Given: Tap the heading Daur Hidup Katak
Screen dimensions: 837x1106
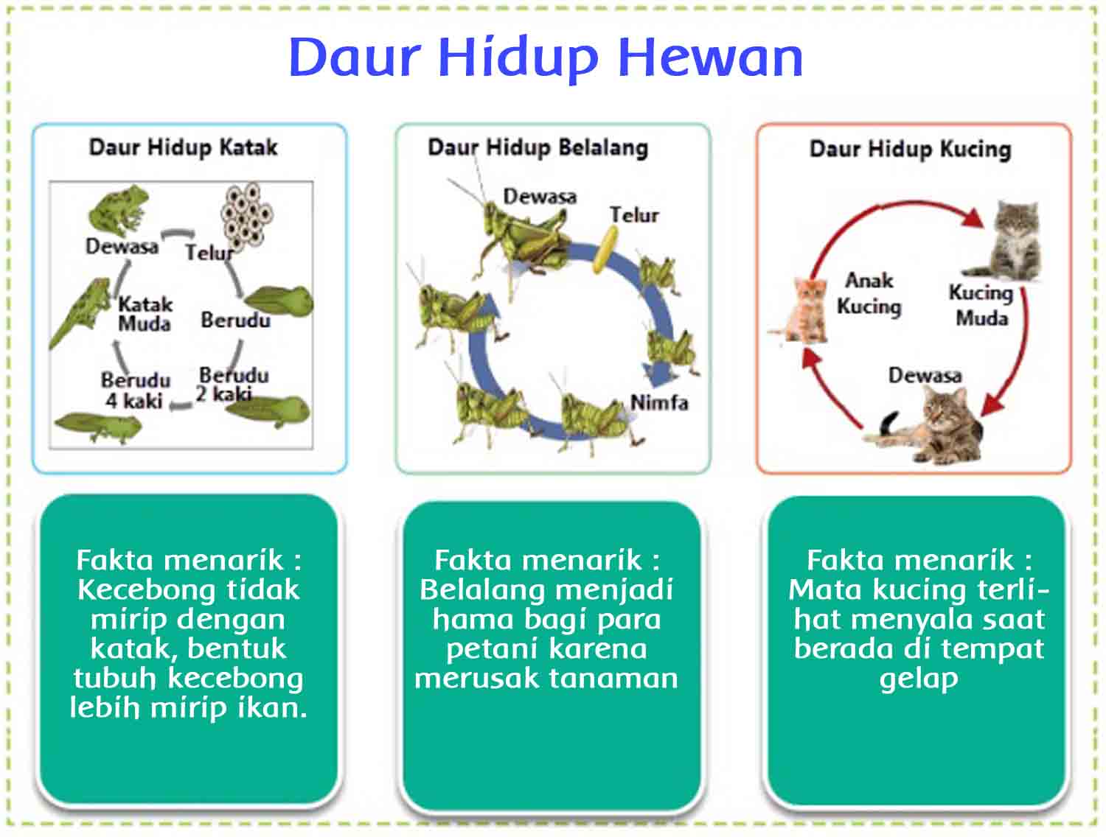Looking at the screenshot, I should pos(183,147).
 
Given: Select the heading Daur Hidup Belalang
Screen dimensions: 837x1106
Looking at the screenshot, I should pos(538,147).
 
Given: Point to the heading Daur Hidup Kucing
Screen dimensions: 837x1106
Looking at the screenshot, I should pos(910,149).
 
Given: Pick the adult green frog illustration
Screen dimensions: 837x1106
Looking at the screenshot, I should pos(118,211).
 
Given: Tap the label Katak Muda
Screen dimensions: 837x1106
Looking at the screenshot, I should pos(145,314).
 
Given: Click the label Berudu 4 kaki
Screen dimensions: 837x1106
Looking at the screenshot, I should pos(135,391).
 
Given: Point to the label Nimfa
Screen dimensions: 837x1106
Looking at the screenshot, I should pos(658,402).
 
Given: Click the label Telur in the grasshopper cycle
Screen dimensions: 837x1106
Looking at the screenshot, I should pos(633,215).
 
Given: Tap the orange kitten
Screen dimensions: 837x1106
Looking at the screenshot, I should pos(807,309).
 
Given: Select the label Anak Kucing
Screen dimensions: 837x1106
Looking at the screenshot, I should pos(869,293).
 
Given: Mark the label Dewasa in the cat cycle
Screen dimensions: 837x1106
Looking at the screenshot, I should pos(925,376).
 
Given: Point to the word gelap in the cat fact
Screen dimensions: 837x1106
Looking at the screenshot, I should pos(918,679).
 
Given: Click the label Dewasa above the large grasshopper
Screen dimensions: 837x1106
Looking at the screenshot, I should pos(539,197).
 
